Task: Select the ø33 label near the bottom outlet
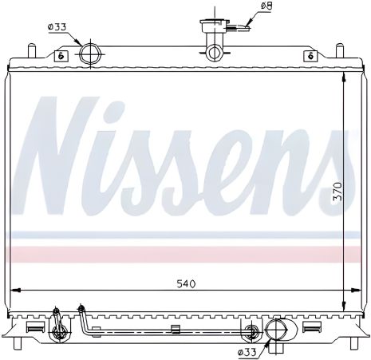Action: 247,350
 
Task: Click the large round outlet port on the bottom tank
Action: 278,330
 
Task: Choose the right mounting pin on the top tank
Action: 339,51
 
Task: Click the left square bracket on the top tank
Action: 60,56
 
